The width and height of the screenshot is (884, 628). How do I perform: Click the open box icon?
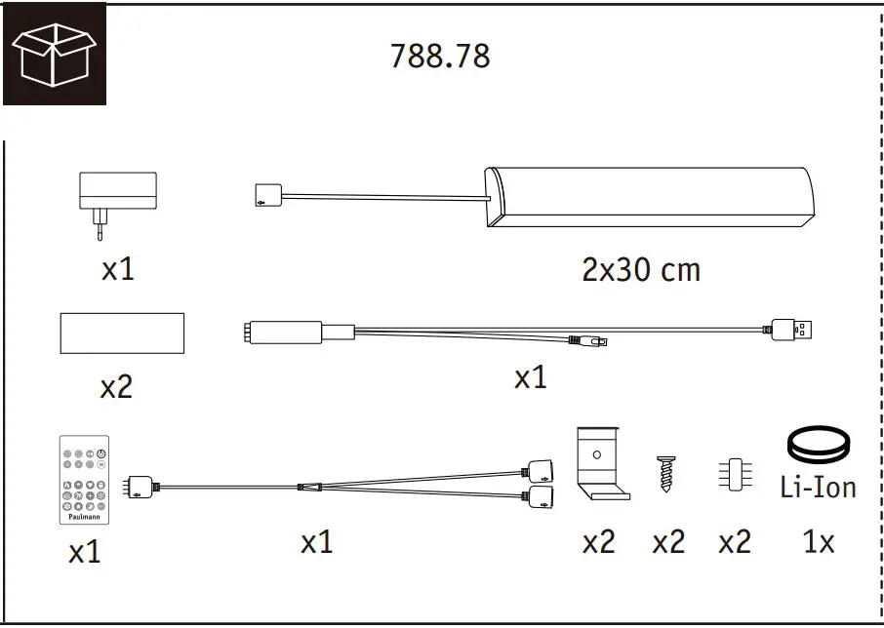tap(54, 54)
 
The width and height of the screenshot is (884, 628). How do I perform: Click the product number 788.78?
tap(440, 57)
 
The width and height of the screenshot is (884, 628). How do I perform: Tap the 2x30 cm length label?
tap(641, 269)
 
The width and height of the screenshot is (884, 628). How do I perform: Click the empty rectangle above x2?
tap(122, 333)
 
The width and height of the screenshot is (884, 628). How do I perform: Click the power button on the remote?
tap(102, 453)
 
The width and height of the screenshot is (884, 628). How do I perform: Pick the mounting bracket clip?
tap(603, 463)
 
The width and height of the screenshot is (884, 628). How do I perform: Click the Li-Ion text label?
tap(819, 487)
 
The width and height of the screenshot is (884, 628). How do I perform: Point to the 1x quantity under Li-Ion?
tap(818, 542)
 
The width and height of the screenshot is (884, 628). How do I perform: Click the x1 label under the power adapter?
tap(117, 269)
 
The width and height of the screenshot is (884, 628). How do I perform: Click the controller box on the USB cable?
tap(289, 332)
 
